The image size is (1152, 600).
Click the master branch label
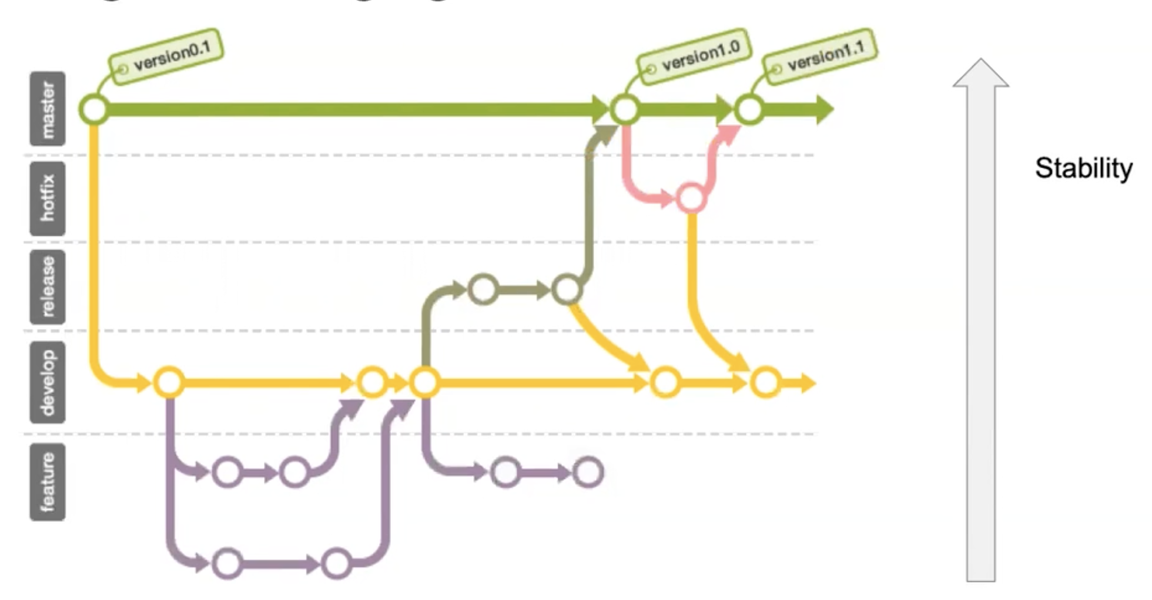tap(48, 109)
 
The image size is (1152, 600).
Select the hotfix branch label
tap(48, 198)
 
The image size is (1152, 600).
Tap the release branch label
tap(48, 287)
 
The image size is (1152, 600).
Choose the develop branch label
tap(48, 382)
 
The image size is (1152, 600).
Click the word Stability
tap(1083, 168)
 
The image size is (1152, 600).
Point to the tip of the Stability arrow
tap(980, 61)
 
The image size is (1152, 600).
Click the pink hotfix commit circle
tap(691, 198)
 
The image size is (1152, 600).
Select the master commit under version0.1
tap(94, 109)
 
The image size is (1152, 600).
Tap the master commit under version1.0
tap(625, 109)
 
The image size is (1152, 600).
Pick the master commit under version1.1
tap(749, 109)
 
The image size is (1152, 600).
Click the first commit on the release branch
tap(483, 289)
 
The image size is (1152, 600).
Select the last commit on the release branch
tap(567, 289)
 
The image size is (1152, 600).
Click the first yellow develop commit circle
tap(169, 382)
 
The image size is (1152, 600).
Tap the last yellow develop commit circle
tap(766, 382)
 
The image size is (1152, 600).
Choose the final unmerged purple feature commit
tap(588, 472)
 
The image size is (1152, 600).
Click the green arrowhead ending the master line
tap(825, 109)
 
